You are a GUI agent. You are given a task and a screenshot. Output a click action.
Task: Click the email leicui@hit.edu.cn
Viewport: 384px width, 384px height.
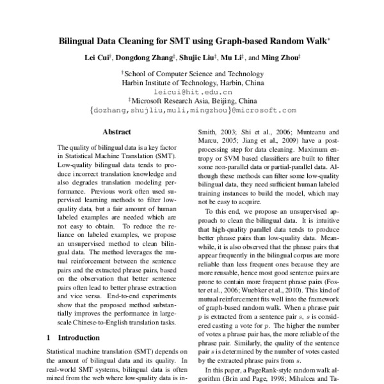pyautogui.click(x=192, y=92)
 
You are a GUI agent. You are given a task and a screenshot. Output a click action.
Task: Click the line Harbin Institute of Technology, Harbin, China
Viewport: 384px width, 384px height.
pyautogui.click(x=192, y=83)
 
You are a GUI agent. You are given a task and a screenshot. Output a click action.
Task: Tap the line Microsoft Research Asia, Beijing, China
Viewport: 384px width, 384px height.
pyautogui.click(x=195, y=100)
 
